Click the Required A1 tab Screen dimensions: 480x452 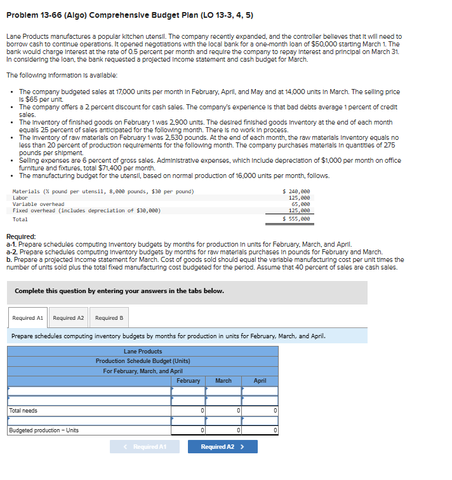(x=28, y=318)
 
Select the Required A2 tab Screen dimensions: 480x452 (x=69, y=318)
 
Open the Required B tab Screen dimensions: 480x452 (x=109, y=318)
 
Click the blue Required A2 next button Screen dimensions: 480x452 (x=222, y=447)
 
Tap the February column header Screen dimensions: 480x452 (x=188, y=381)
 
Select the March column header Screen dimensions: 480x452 (x=223, y=381)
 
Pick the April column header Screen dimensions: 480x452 (x=260, y=381)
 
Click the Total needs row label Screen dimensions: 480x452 (x=23, y=411)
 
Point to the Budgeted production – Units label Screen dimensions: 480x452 (x=44, y=430)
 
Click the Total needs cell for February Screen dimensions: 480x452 (x=188, y=411)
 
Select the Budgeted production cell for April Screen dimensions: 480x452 (x=260, y=430)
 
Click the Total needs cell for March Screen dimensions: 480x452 (x=223, y=411)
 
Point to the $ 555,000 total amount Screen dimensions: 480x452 (x=296, y=219)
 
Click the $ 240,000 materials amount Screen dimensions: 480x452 (x=296, y=191)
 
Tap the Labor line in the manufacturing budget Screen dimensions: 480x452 (x=20, y=198)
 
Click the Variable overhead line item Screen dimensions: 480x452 (x=38, y=204)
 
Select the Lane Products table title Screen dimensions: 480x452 (x=143, y=352)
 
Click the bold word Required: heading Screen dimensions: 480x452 (x=21, y=237)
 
